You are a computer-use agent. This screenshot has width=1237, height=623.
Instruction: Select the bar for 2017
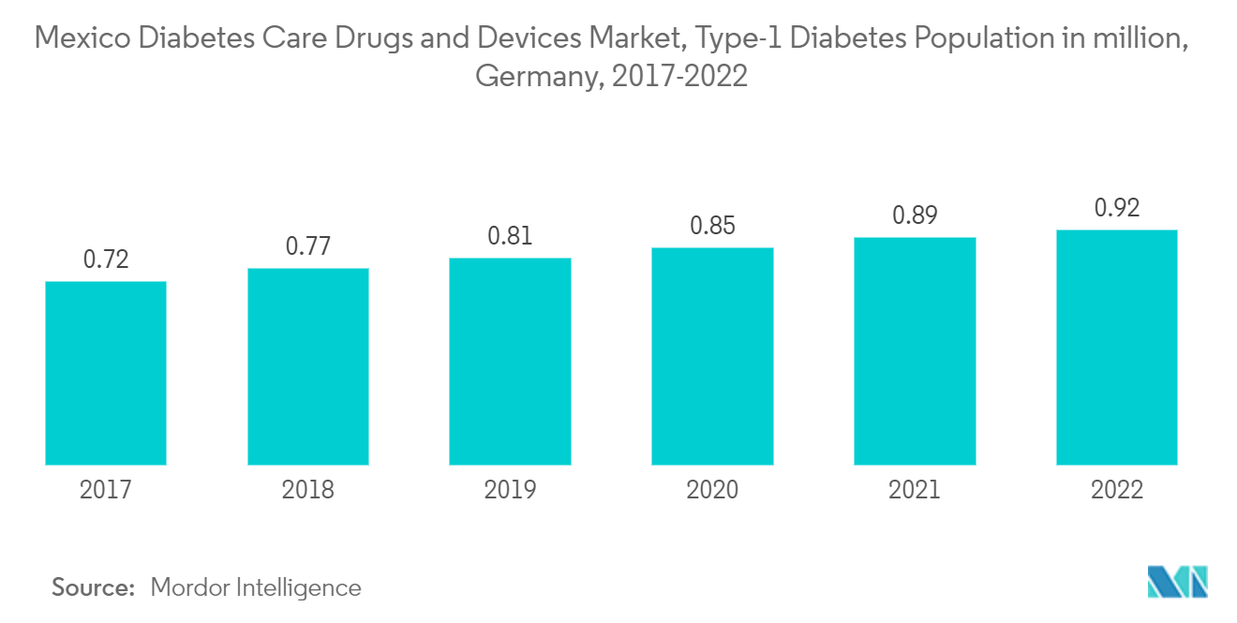[x=106, y=373]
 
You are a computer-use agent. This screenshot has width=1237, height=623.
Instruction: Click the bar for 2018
[x=307, y=366]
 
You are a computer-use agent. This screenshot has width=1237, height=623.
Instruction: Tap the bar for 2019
[x=510, y=362]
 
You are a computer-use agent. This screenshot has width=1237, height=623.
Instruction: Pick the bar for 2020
[x=712, y=356]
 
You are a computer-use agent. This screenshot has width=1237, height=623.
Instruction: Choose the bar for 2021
[x=915, y=351]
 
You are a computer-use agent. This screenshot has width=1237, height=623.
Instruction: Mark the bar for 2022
[x=1116, y=348]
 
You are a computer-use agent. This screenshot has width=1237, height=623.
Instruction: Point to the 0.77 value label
[x=307, y=247]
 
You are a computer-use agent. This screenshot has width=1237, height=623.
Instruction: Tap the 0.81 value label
[x=510, y=237]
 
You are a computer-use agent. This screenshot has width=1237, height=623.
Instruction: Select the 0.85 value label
[x=712, y=226]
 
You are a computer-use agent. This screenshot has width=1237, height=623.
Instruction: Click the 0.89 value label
[x=915, y=215]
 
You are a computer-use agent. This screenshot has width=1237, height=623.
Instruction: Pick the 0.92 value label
[x=1116, y=208]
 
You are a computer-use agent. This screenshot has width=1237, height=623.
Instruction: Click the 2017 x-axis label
[x=106, y=489]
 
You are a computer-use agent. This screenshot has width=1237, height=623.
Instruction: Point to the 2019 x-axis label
[x=510, y=489]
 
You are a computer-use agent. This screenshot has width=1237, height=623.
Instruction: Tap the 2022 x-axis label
[x=1116, y=489]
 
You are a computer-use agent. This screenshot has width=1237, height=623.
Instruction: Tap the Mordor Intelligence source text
[x=255, y=587]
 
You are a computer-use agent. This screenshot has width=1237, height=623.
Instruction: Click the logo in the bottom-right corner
[x=1177, y=582]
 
